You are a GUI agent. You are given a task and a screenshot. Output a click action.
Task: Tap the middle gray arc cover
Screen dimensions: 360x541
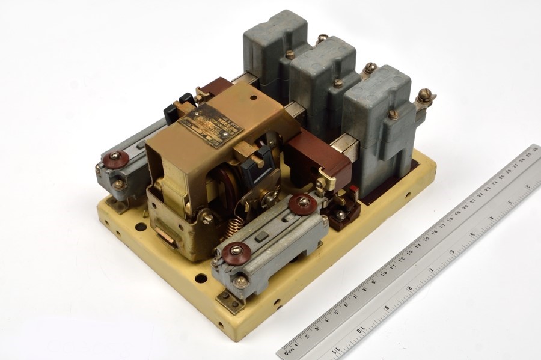point(325,78)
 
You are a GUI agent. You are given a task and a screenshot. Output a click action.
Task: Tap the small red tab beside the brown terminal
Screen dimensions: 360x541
point(353,191)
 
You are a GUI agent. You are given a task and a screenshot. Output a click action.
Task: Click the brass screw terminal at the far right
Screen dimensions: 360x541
point(425,96)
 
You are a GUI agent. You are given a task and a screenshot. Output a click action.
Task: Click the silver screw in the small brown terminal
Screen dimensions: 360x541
point(341,214)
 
